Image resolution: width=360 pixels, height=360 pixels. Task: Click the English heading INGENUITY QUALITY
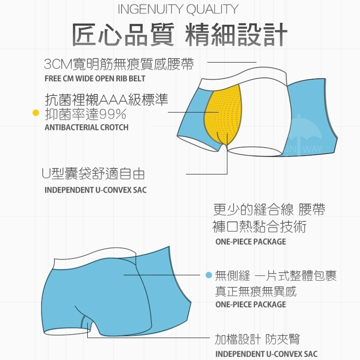(x=178, y=9)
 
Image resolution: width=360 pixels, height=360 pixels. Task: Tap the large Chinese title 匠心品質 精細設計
(x=180, y=35)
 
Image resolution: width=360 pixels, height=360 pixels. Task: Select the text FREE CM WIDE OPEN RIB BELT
(x=95, y=78)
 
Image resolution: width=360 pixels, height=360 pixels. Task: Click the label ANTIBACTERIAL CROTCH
(x=86, y=127)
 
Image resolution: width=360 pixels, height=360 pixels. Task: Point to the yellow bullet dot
(x=36, y=113)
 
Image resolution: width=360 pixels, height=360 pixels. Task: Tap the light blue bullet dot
(x=209, y=275)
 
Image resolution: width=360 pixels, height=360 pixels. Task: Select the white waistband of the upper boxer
(x=243, y=79)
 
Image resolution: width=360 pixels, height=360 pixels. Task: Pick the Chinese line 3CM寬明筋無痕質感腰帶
(x=119, y=64)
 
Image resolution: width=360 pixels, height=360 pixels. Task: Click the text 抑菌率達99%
(x=85, y=114)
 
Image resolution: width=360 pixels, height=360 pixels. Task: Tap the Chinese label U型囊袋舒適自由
(x=93, y=174)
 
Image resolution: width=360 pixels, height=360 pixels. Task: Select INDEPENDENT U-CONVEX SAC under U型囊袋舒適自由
(x=95, y=190)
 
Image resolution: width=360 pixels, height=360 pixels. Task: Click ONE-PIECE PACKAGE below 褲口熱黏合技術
(x=251, y=242)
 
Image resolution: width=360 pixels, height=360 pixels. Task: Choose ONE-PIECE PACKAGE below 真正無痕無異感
(x=251, y=304)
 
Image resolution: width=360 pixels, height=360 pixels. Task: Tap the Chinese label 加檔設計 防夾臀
(x=257, y=339)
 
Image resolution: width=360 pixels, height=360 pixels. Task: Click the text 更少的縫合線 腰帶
(x=269, y=209)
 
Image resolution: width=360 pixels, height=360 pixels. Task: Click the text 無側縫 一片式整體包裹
(x=276, y=275)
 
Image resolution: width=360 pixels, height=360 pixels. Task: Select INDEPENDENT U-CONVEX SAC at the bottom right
(x=266, y=354)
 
